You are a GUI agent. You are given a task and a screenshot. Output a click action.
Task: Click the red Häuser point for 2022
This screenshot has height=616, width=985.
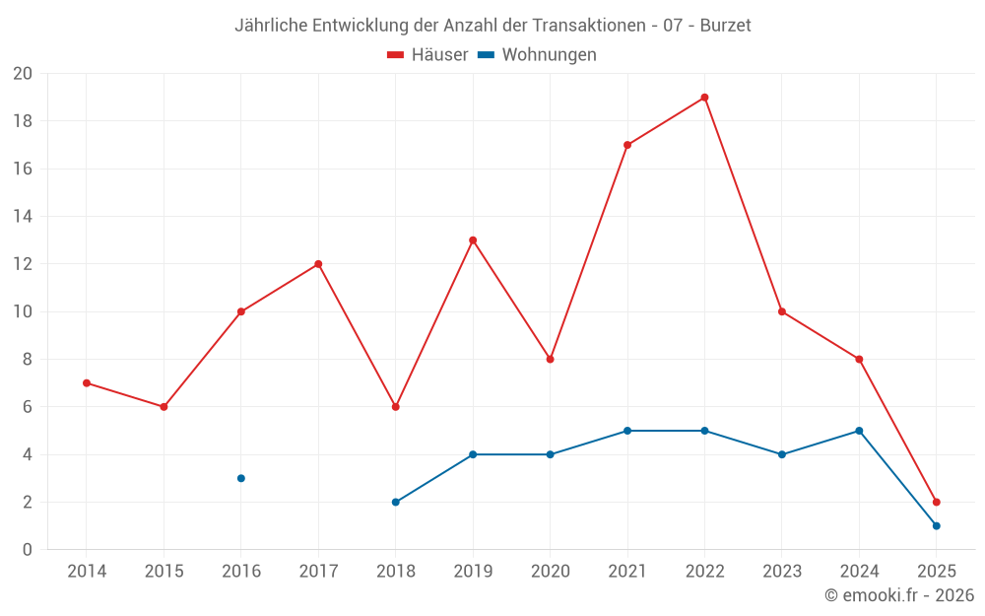tap(704, 98)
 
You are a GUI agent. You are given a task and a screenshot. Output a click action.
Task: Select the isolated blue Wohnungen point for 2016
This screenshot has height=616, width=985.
tap(241, 478)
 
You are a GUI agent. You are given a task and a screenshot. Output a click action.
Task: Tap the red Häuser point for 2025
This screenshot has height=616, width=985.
tap(936, 502)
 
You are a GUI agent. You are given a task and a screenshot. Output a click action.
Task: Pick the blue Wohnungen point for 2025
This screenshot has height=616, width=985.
tap(936, 525)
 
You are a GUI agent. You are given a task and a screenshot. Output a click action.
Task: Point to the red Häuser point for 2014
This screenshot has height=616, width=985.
tap(87, 382)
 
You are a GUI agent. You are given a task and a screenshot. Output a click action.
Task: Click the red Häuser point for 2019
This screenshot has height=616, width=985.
tap(473, 240)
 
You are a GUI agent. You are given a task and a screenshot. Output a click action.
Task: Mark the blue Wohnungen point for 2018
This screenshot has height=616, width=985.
tap(396, 502)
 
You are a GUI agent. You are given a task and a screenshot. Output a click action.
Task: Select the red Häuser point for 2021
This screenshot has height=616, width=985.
tap(627, 145)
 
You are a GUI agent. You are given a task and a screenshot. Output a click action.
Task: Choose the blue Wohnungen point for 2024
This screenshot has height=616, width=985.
tap(859, 431)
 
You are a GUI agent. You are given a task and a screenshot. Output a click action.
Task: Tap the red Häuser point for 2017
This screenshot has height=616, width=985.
tap(318, 264)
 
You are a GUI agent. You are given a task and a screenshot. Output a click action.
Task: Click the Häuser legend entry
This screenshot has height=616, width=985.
tap(427, 55)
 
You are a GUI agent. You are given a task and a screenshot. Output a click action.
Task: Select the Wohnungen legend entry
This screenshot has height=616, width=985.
tap(538, 55)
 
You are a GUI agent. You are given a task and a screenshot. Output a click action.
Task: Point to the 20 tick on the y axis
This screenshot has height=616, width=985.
tap(23, 74)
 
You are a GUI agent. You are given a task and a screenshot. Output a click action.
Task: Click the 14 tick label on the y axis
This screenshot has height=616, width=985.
tap(23, 217)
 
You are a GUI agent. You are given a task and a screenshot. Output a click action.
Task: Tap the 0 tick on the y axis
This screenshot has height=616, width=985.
tap(28, 550)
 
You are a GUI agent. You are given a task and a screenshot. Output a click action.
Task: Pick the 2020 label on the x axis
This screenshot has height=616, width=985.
tap(550, 572)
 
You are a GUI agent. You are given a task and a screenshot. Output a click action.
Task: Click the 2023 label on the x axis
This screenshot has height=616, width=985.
tap(781, 572)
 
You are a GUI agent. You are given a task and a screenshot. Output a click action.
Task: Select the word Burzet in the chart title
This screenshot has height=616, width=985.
tap(725, 26)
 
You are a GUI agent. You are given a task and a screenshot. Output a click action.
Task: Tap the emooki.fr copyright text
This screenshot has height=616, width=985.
tap(898, 595)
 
